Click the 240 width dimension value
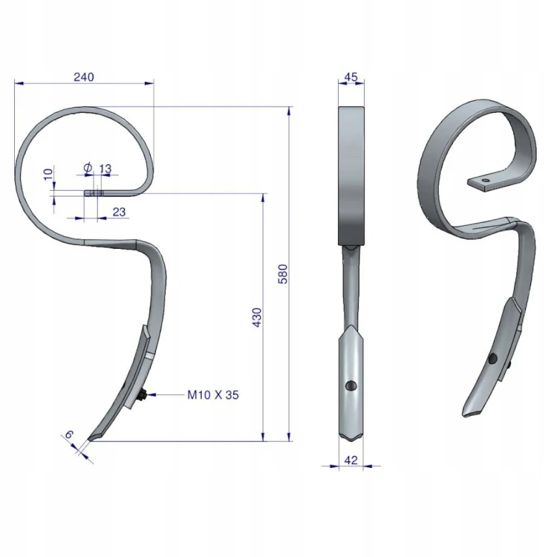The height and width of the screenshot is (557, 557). click(84, 76)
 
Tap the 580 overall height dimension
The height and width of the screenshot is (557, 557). click(282, 274)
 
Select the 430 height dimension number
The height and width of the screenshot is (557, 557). click(256, 318)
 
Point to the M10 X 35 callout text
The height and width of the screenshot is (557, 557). click(213, 394)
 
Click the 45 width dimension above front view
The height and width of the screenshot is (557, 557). click(351, 76)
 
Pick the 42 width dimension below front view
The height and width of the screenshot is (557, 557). click(351, 460)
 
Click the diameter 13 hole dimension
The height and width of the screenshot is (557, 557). click(98, 168)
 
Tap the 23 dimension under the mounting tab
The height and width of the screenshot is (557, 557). click(119, 212)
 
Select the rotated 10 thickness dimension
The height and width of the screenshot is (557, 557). click(48, 174)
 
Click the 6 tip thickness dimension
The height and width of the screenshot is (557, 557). click(69, 434)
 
